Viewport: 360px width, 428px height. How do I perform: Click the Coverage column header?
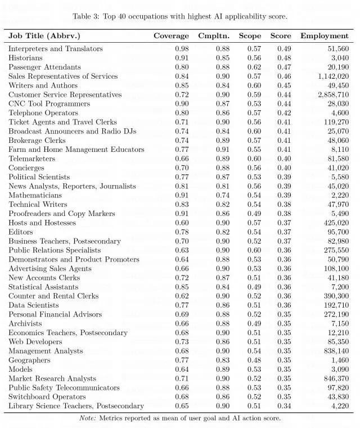171,36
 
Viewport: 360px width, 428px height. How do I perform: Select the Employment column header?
324,36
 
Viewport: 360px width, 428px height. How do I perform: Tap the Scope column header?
250,36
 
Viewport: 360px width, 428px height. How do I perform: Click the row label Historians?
25,58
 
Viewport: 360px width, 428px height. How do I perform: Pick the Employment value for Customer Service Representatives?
333,94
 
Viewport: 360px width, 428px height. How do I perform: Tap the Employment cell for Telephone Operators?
340,113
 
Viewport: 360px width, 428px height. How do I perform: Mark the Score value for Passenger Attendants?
283,67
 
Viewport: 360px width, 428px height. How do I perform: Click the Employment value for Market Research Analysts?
335,379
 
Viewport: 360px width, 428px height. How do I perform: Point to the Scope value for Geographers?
254,360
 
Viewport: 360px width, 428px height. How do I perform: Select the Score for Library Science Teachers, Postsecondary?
283,406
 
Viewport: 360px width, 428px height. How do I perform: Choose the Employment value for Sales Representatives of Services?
333,76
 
